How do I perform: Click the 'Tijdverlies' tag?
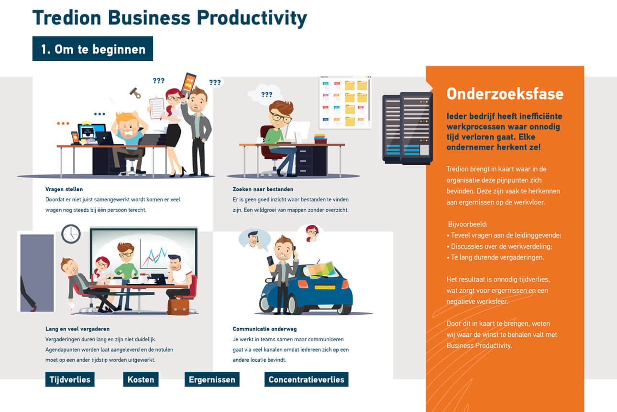(x=70, y=379)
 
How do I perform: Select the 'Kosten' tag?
(x=141, y=379)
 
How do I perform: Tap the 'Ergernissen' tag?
(x=212, y=379)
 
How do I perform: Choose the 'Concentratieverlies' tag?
(x=306, y=379)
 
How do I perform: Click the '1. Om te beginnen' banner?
(x=93, y=48)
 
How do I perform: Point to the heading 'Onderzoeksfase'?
(x=505, y=94)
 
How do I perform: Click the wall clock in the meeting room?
(x=71, y=234)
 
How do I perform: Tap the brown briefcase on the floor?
(x=178, y=306)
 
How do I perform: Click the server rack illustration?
(x=408, y=128)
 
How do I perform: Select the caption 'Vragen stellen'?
(x=64, y=189)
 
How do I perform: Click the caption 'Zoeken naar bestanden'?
(x=263, y=189)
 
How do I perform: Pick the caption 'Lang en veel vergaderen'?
(x=77, y=329)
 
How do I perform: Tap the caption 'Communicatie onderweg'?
(x=264, y=329)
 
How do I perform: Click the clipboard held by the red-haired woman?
(x=156, y=108)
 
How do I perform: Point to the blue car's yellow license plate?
(x=325, y=287)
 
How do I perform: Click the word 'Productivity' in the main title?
(x=252, y=18)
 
